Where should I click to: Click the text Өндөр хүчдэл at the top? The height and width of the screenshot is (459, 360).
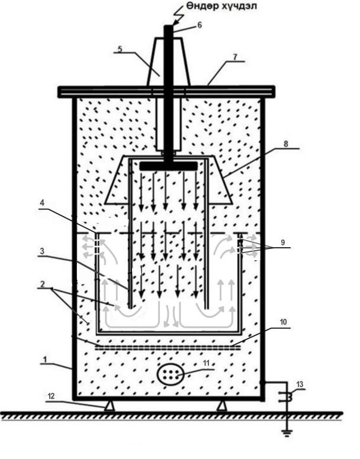click(x=222, y=6)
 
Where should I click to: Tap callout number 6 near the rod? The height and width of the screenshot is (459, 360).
click(x=200, y=25)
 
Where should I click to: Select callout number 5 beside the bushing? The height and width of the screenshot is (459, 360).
click(x=120, y=49)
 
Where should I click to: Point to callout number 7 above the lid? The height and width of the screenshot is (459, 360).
click(x=234, y=57)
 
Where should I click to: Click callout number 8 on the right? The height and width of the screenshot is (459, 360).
click(x=285, y=144)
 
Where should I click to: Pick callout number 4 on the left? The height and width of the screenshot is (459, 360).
click(x=43, y=203)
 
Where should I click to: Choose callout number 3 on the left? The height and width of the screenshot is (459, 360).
click(x=42, y=251)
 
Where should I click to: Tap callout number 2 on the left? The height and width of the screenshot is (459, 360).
click(x=43, y=284)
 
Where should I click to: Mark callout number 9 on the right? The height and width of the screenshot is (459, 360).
click(x=282, y=243)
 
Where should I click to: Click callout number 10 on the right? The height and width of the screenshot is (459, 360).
click(x=283, y=322)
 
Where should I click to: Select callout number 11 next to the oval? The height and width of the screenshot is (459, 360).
click(x=206, y=363)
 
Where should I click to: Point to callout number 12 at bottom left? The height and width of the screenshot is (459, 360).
click(x=51, y=396)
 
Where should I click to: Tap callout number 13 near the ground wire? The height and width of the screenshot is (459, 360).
click(x=300, y=384)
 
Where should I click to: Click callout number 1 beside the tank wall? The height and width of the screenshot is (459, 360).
click(x=45, y=359)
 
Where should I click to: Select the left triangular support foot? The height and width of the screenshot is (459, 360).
click(x=110, y=406)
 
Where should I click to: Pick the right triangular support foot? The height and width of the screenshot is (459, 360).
click(x=221, y=406)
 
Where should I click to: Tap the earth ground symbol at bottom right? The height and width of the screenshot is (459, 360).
click(x=287, y=432)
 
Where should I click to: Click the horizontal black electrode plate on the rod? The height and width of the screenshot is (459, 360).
click(x=168, y=166)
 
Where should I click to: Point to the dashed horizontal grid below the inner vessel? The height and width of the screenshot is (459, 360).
click(x=168, y=347)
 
